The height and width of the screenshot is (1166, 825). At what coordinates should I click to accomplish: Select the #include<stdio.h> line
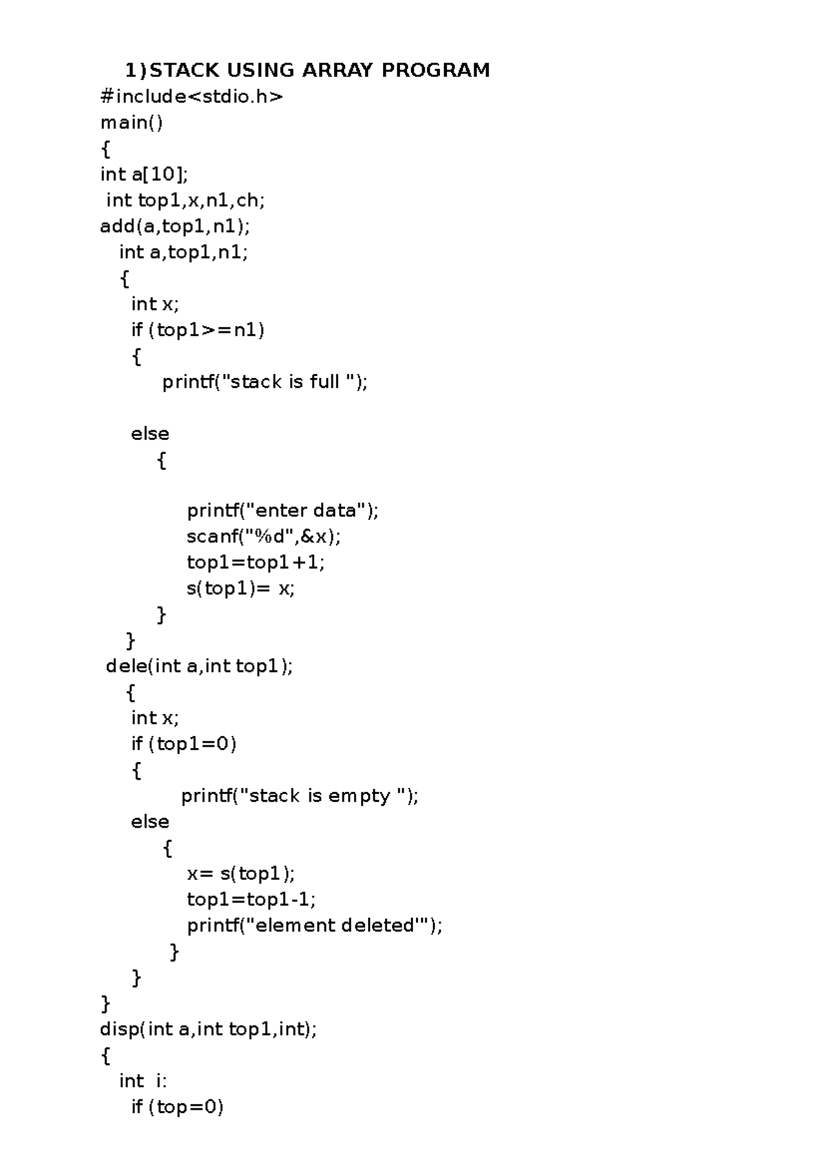pyautogui.click(x=192, y=96)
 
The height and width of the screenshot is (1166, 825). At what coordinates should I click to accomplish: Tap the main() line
pyautogui.click(x=132, y=123)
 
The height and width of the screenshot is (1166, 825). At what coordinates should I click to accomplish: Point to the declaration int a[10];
pyautogui.click(x=144, y=175)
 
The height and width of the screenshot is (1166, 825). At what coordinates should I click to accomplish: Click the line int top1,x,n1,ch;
pyautogui.click(x=186, y=201)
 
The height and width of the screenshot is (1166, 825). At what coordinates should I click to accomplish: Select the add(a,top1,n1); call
pyautogui.click(x=175, y=226)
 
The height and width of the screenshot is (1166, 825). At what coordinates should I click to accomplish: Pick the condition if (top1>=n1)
pyautogui.click(x=198, y=330)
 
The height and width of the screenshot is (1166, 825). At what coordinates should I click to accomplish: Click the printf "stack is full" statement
pyautogui.click(x=265, y=382)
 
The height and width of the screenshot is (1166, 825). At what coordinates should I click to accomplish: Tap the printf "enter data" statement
pyautogui.click(x=283, y=511)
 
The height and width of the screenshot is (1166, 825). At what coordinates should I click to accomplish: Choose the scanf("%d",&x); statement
pyautogui.click(x=264, y=537)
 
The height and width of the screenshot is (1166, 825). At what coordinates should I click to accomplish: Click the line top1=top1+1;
pyautogui.click(x=256, y=562)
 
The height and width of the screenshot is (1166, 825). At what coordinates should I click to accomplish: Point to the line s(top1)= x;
pyautogui.click(x=241, y=588)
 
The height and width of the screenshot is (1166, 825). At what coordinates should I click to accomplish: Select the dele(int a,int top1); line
pyautogui.click(x=199, y=666)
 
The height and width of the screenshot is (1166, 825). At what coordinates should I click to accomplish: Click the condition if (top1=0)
pyautogui.click(x=184, y=745)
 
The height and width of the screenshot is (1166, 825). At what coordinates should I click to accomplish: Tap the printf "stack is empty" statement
pyautogui.click(x=300, y=796)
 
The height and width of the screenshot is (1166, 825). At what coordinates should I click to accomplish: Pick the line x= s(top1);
pyautogui.click(x=241, y=873)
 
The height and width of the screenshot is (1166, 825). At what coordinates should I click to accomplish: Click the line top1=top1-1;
pyautogui.click(x=252, y=899)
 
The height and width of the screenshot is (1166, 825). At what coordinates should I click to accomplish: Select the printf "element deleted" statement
pyautogui.click(x=314, y=925)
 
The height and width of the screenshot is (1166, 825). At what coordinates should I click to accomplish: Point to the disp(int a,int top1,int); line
pyautogui.click(x=208, y=1030)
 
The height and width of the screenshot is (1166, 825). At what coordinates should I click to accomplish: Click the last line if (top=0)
pyautogui.click(x=177, y=1107)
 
